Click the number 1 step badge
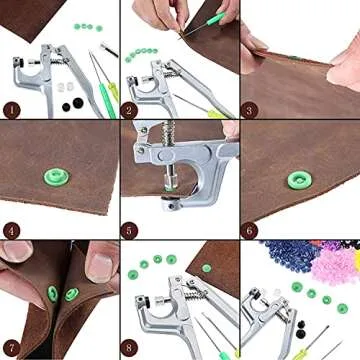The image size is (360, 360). (12, 109)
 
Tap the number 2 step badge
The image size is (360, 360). (129, 109)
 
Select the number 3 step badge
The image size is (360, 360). (250, 109)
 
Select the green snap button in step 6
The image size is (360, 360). (297, 180)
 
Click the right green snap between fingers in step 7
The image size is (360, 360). (72, 294)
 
